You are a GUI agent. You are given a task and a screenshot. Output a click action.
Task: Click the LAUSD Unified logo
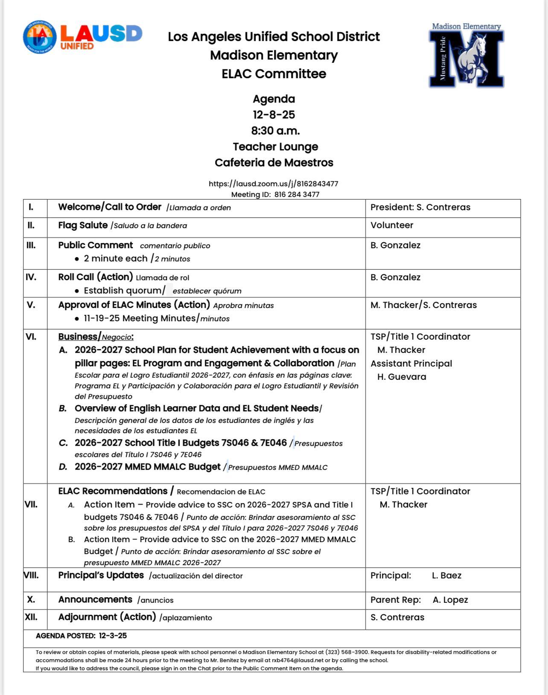[82, 37]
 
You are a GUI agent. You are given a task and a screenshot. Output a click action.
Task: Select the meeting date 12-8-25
[274, 115]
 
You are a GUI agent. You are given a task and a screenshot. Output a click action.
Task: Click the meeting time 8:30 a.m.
[275, 131]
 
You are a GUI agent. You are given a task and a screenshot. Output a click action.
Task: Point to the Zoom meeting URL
[273, 184]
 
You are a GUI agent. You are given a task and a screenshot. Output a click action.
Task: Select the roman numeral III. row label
[31, 245]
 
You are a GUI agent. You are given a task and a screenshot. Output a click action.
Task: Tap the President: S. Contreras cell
[420, 207]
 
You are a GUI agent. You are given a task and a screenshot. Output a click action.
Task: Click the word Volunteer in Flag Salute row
[391, 225]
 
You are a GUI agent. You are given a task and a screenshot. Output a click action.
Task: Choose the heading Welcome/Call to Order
[110, 207]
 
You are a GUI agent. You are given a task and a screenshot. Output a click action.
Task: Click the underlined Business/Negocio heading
[96, 337]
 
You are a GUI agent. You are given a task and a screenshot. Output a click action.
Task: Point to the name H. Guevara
[402, 377]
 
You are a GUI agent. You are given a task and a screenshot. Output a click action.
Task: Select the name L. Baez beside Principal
[446, 575]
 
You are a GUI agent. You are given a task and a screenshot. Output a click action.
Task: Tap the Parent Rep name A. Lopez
[450, 600]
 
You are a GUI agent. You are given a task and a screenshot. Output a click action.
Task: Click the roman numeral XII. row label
[31, 617]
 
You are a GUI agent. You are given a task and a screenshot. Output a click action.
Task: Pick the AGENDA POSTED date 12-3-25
[113, 636]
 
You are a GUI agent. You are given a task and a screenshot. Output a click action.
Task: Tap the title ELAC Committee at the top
[274, 74]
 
